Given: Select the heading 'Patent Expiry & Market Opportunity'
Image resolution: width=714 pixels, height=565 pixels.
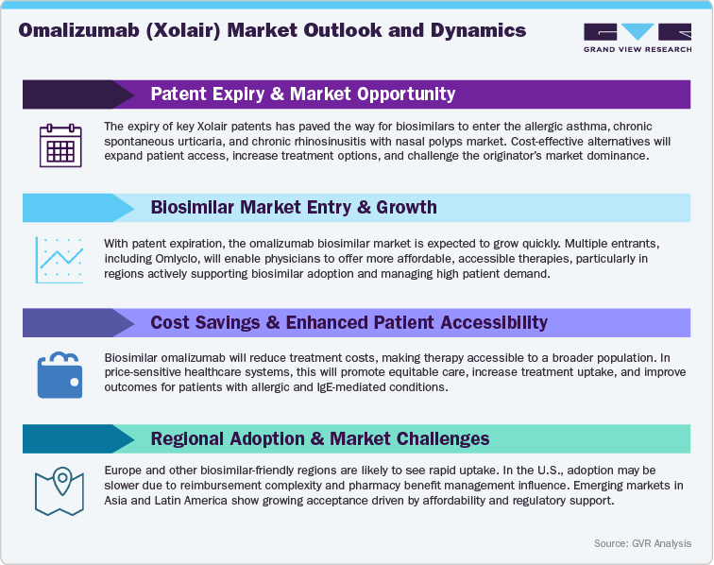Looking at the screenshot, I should coord(302,94).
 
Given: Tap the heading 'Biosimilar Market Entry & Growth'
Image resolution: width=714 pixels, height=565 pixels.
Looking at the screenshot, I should coord(293,208).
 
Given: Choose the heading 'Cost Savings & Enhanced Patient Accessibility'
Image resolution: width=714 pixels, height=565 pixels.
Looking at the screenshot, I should coord(348,322).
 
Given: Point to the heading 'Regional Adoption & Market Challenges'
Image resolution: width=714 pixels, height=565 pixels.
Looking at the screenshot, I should coord(319,437).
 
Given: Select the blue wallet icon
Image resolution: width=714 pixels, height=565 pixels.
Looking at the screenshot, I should coord(60,374).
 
